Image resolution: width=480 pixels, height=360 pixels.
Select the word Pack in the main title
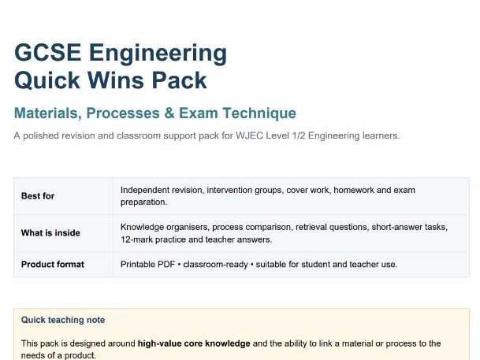(x=183, y=80)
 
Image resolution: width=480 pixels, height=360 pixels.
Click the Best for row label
(x=38, y=196)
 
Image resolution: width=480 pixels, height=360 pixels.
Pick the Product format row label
(x=53, y=264)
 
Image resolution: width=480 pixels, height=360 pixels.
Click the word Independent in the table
(x=146, y=190)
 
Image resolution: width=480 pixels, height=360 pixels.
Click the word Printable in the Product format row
(x=138, y=264)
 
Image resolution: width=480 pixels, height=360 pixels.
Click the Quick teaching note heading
(x=63, y=320)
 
